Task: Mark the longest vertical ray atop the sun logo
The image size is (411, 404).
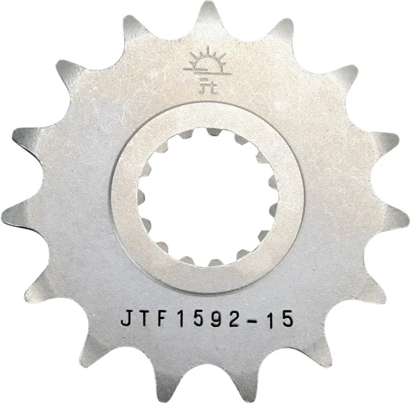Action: [x=205, y=49]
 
